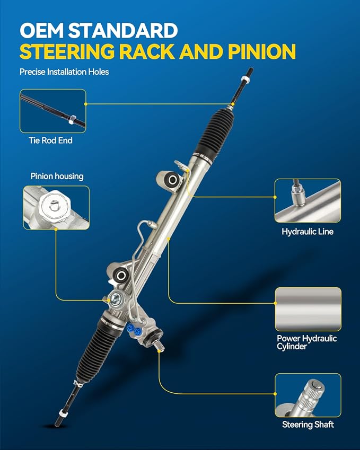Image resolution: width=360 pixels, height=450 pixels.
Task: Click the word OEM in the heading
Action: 42,30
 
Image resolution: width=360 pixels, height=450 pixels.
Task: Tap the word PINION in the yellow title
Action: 262,51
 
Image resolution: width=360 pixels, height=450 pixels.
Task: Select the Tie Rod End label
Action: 50,140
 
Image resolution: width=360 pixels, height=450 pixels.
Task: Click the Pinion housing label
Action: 57,176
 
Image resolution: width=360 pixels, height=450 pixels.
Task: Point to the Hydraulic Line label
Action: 308,232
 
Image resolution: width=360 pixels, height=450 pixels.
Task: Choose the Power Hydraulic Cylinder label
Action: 306,342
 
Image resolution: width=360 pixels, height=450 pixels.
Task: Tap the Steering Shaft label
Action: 308,425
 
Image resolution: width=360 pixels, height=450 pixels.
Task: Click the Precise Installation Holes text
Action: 64,72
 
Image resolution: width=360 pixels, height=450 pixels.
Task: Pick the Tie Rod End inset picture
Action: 53,111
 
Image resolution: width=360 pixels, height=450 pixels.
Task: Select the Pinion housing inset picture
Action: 56,207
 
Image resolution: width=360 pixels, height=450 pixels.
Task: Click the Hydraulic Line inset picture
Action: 308,200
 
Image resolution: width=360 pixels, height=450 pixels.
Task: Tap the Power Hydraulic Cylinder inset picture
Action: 309,309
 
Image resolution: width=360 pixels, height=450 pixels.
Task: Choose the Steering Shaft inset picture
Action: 308,395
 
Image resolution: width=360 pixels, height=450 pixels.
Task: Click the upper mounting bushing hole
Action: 172,180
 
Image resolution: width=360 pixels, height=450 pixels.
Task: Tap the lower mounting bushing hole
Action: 121,276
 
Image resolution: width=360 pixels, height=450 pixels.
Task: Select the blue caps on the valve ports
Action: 134,329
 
